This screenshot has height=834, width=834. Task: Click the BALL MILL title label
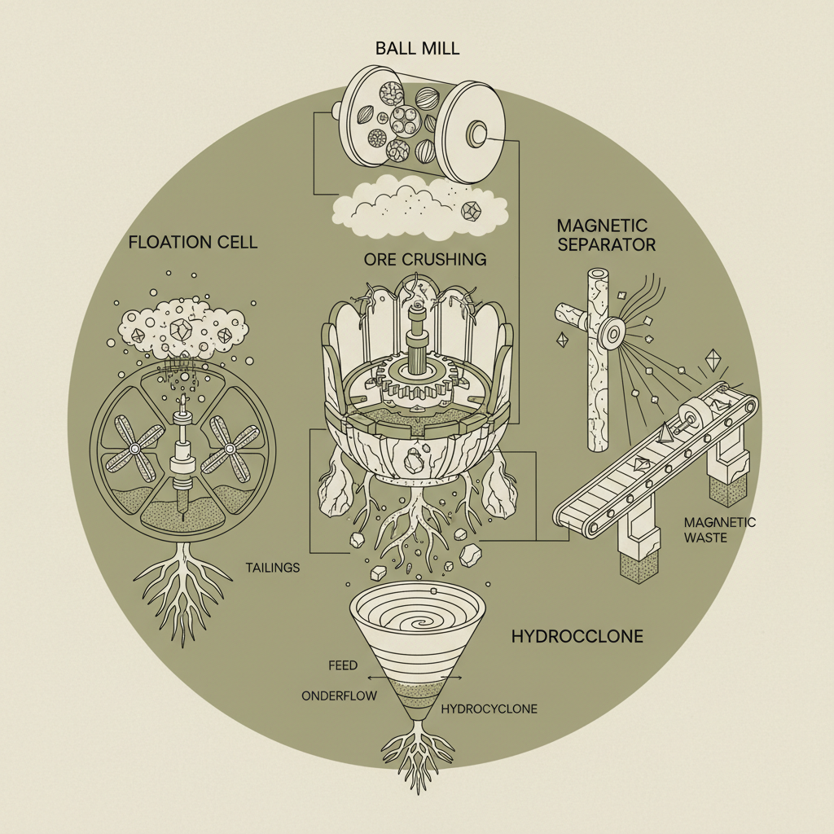pyautogui.click(x=416, y=46)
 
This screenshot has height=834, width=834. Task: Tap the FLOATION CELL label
pyautogui.click(x=192, y=242)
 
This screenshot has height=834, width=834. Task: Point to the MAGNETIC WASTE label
pyautogui.click(x=720, y=530)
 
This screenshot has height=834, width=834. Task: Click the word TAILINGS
pyautogui.click(x=273, y=567)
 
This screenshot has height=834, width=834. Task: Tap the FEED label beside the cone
pyautogui.click(x=343, y=665)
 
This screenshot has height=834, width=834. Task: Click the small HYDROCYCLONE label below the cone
pyautogui.click(x=489, y=709)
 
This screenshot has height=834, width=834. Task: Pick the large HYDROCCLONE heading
pyautogui.click(x=577, y=636)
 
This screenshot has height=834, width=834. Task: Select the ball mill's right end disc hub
pyautogui.click(x=476, y=132)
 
